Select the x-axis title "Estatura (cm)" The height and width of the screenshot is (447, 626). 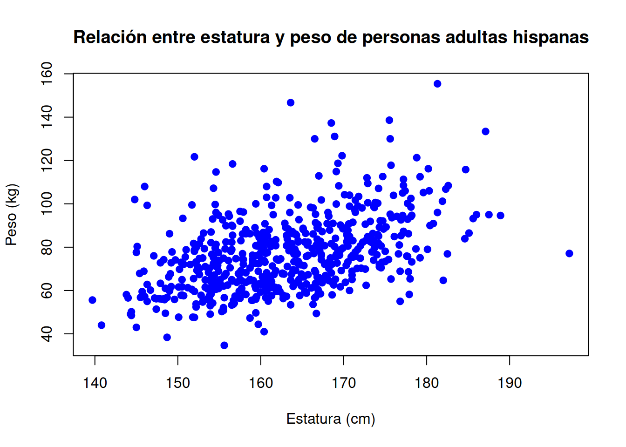click(331, 419)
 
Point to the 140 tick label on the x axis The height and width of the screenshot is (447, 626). click(95, 383)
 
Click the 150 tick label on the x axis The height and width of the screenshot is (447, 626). click(178, 383)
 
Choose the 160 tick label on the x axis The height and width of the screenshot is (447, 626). click(261, 383)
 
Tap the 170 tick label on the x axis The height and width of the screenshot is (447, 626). click(344, 383)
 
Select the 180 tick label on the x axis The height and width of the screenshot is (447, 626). click(427, 383)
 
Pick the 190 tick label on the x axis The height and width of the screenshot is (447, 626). click(510, 383)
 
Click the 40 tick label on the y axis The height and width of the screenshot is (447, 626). click(47, 334)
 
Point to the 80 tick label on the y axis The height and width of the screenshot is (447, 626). click(47, 247)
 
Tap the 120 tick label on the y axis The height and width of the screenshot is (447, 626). click(47, 160)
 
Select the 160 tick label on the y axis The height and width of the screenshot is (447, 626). click(47, 74)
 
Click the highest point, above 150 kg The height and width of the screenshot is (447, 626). click(437, 84)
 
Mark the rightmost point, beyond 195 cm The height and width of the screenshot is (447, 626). click(569, 253)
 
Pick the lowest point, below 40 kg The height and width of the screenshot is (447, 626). click(224, 345)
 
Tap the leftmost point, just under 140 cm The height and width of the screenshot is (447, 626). click(92, 300)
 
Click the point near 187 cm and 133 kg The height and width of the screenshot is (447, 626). click(485, 131)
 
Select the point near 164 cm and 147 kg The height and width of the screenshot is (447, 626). click(291, 102)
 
